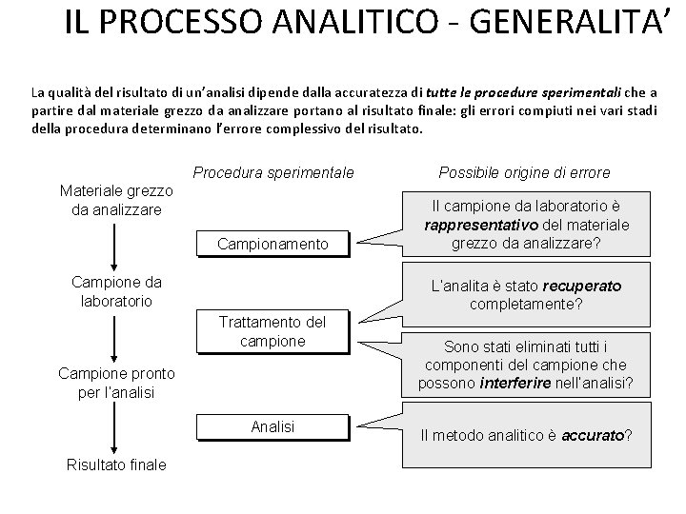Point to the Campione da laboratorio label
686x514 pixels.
coord(116,291)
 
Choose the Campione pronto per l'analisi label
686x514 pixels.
coord(116,383)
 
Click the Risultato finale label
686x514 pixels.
coord(116,465)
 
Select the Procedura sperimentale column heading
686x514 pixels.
coord(273,173)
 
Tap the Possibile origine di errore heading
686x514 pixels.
coord(524,173)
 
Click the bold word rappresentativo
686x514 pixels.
coord(479,226)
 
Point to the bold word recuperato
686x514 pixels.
coord(581,286)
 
